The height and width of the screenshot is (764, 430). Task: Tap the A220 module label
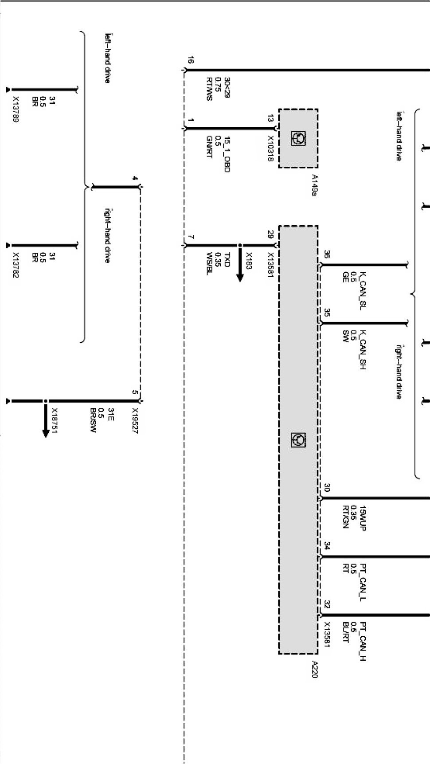pyautogui.click(x=314, y=669)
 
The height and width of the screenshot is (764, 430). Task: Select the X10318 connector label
pyautogui.click(x=270, y=149)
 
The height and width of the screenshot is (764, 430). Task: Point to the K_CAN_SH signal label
pyautogui.click(x=363, y=350)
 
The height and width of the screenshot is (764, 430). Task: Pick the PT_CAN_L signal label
pyautogui.click(x=363, y=583)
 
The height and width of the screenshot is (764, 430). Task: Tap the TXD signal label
pyautogui.click(x=227, y=259)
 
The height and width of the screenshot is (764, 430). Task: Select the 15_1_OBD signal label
pyautogui.click(x=227, y=154)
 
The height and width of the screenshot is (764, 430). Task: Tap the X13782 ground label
pyautogui.click(x=15, y=265)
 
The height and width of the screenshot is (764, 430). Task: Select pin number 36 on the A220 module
pyautogui.click(x=327, y=255)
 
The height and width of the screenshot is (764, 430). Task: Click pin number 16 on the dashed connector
pyautogui.click(x=191, y=60)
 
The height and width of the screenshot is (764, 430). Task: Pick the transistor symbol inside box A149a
pyautogui.click(x=298, y=138)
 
